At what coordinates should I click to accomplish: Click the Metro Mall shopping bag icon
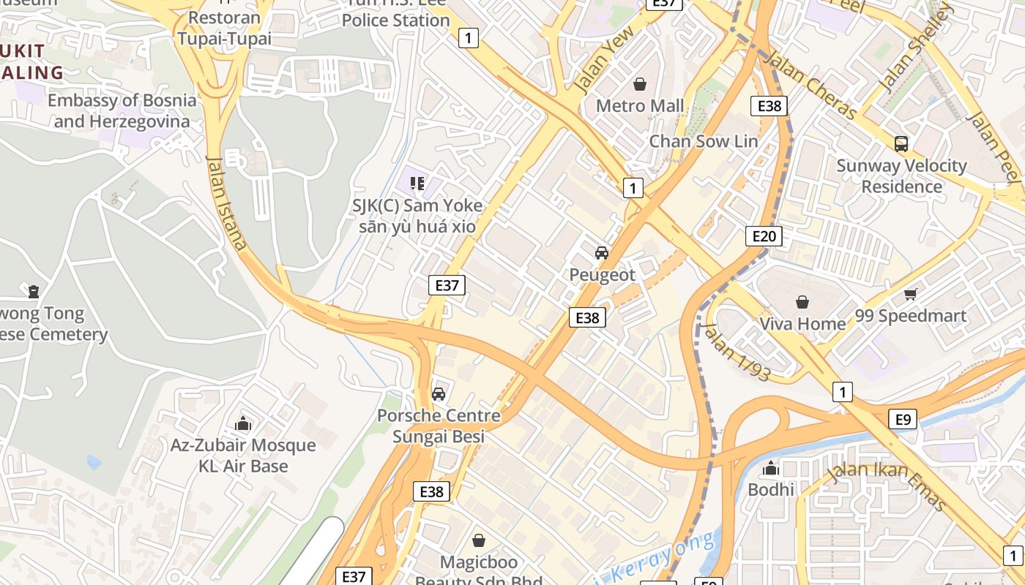click(x=640, y=84)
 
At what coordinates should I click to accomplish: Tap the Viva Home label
click(x=802, y=323)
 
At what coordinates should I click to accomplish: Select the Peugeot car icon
click(x=602, y=253)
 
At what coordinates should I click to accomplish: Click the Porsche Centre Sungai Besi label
click(x=438, y=426)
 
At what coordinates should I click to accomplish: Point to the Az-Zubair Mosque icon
click(x=243, y=423)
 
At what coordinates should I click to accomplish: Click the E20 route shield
click(x=764, y=235)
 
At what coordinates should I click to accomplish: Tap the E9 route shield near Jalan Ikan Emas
click(x=903, y=419)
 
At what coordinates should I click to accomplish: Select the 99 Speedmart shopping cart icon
click(x=910, y=294)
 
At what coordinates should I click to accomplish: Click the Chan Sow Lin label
click(x=703, y=141)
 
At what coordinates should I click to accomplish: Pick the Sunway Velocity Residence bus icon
click(x=901, y=144)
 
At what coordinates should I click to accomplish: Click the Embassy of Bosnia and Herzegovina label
click(x=122, y=110)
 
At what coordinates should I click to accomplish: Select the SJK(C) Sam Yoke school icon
click(x=417, y=183)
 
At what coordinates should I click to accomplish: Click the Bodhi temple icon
click(x=770, y=468)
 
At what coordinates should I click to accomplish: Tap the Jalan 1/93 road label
click(x=737, y=353)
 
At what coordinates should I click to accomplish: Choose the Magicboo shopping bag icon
click(x=478, y=540)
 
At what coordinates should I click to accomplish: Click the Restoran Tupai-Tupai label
click(x=224, y=28)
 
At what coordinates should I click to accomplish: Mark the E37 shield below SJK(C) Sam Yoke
click(x=447, y=285)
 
